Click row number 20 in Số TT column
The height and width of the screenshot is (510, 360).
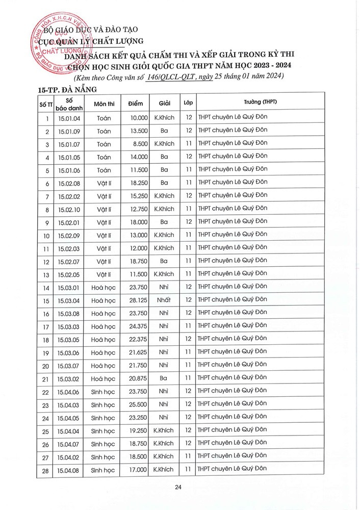[x=46, y=366]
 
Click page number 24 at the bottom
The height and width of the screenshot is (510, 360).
[x=178, y=488]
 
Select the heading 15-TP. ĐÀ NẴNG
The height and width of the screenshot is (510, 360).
[x=67, y=90]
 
